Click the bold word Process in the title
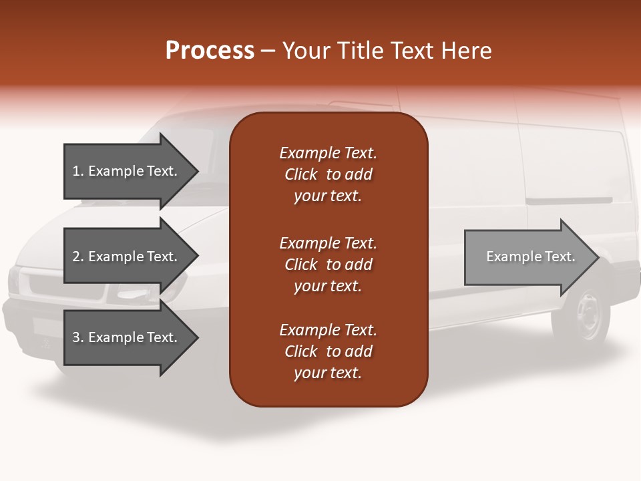210,51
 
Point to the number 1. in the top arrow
77,171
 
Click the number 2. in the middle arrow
77,257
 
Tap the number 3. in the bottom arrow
77,337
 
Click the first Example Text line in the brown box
328,153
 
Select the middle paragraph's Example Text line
328,243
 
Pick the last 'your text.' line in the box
328,373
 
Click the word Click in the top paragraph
300,174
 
